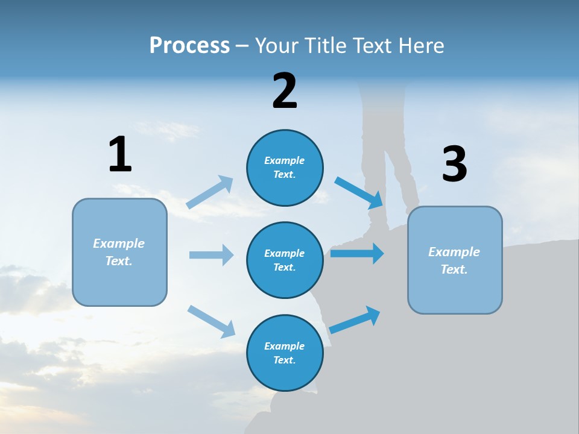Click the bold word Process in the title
[x=189, y=45]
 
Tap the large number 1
[x=120, y=154]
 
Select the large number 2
[x=285, y=91]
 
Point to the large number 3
[x=454, y=164]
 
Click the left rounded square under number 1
[x=119, y=252]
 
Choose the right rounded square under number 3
[x=455, y=260]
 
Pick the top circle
[x=285, y=168]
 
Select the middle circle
[x=285, y=260]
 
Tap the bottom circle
[x=285, y=353]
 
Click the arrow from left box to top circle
[x=210, y=192]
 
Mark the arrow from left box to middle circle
[x=211, y=255]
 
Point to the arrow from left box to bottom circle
[x=211, y=321]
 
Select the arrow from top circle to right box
[x=359, y=192]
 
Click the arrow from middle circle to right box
[x=357, y=253]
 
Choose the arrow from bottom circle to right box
[x=355, y=320]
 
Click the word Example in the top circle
[x=285, y=160]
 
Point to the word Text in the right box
[x=454, y=269]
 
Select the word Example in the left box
[x=119, y=244]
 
